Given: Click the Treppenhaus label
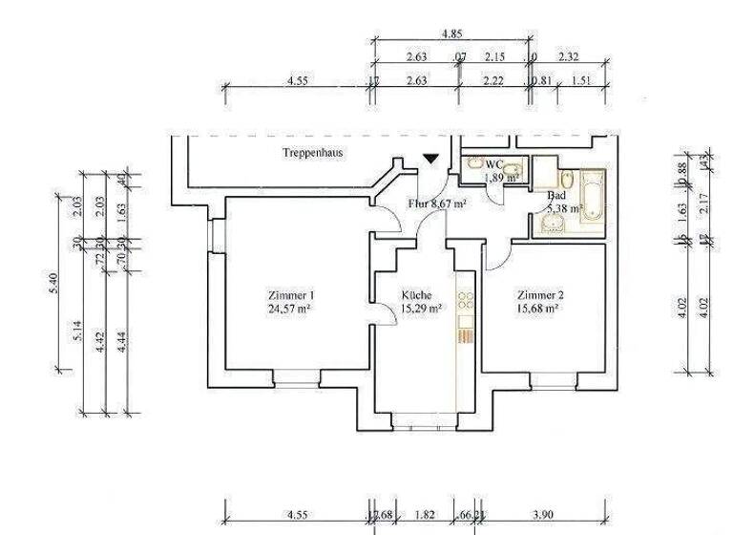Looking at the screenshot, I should click(x=312, y=153).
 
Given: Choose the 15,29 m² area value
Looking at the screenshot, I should click(x=420, y=309).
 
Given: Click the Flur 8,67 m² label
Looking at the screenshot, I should click(x=437, y=203).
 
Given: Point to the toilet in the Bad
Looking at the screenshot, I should click(x=566, y=181).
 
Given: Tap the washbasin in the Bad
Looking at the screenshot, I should click(x=551, y=225).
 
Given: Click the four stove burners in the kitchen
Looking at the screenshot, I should click(x=466, y=303).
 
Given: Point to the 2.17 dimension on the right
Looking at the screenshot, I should click(x=703, y=203).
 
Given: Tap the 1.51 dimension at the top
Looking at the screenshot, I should click(x=579, y=81).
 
